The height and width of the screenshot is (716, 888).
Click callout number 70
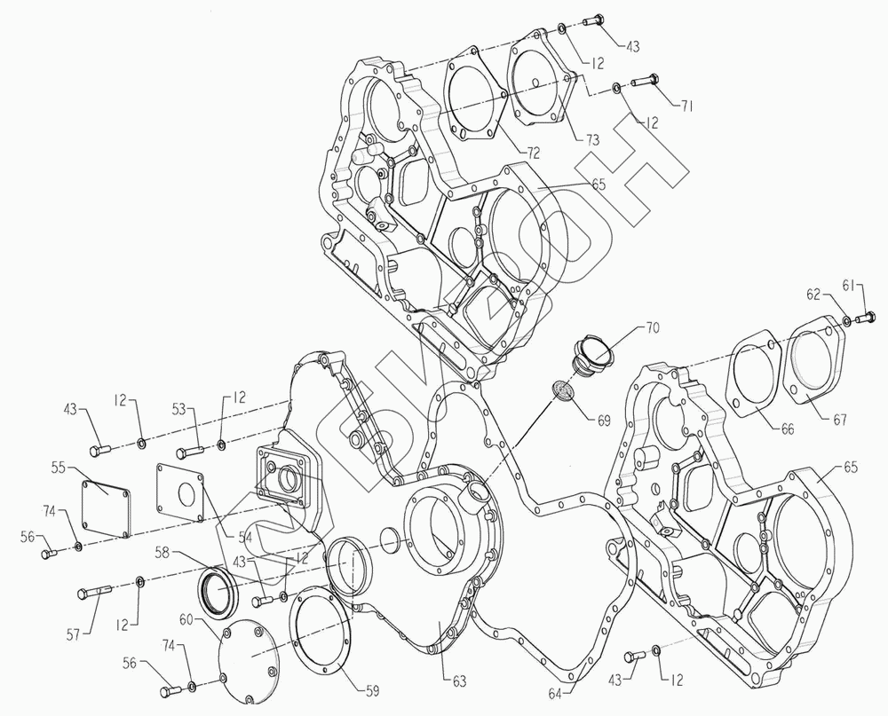[653, 328]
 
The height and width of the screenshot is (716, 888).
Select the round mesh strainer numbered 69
[563, 391]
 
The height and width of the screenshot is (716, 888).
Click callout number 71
[686, 106]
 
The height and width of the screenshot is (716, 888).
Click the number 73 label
[591, 140]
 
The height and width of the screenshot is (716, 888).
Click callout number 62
[813, 295]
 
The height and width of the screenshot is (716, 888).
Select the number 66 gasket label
[787, 429]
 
